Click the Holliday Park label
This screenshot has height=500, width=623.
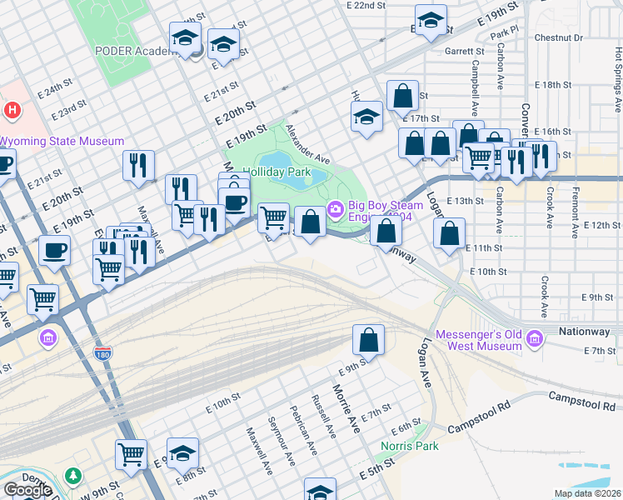click(276, 172)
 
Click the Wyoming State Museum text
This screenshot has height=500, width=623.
click(62, 142)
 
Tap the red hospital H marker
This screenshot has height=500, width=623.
click(12, 109)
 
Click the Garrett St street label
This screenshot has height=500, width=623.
click(464, 51)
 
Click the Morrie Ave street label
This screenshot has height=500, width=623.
click(346, 407)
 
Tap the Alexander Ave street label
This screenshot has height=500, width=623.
click(308, 143)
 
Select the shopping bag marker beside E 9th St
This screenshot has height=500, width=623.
click(368, 340)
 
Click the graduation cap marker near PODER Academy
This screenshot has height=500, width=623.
click(185, 37)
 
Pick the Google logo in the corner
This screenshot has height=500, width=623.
click(27, 490)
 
